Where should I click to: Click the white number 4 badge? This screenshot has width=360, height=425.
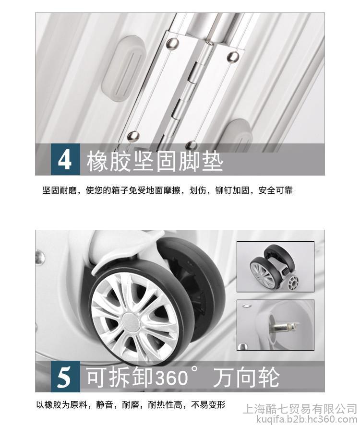[x=65, y=159]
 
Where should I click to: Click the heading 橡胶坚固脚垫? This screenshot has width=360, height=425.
[x=155, y=161]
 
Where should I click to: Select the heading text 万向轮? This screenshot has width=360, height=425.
[x=246, y=377]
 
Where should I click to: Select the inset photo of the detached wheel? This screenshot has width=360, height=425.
[x=276, y=267]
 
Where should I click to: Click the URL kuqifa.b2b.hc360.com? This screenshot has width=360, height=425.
[x=307, y=419]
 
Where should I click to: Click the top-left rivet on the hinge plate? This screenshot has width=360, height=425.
[x=173, y=42]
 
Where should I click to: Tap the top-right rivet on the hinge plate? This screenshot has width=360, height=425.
[x=233, y=57]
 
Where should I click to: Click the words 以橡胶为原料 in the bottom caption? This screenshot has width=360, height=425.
[x=62, y=405]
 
